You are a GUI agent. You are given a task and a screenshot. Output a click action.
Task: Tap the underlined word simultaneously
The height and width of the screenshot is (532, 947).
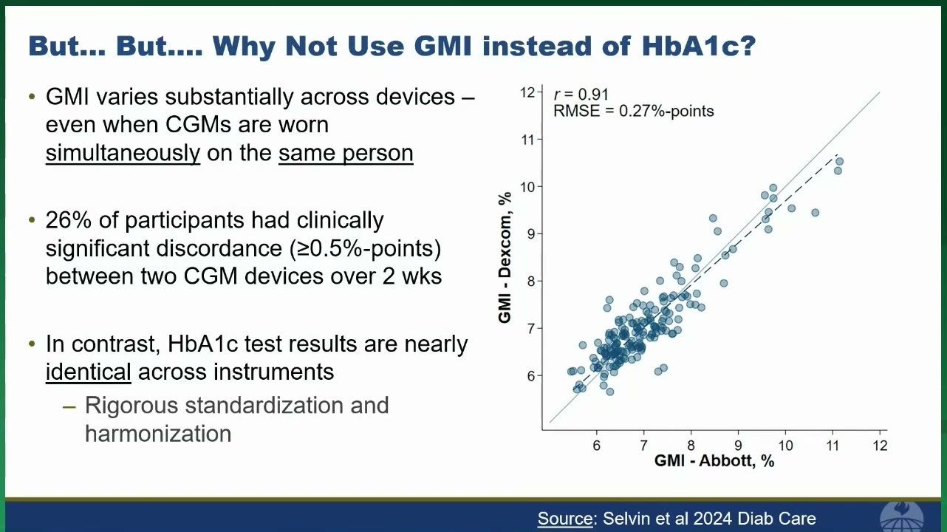click(x=123, y=153)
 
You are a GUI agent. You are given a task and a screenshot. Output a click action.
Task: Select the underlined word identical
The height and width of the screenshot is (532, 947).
click(x=89, y=372)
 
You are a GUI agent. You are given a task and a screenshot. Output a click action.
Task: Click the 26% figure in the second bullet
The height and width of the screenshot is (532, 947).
click(x=68, y=220)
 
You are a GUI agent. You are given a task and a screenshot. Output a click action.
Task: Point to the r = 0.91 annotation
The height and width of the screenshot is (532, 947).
click(x=581, y=95)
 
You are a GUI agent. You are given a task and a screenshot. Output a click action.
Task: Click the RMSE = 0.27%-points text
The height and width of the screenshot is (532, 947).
click(x=633, y=111)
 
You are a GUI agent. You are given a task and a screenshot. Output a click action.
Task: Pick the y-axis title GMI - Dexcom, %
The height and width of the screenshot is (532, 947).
click(x=505, y=258)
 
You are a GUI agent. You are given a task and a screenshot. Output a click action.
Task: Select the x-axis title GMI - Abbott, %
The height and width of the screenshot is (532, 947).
click(x=714, y=460)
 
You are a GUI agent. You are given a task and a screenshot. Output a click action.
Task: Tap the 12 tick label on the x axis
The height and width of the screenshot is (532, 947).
click(x=880, y=446)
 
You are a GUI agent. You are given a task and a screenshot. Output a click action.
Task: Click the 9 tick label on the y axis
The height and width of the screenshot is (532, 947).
click(x=531, y=234)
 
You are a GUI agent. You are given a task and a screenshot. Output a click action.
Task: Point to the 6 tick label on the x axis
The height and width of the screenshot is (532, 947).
click(x=597, y=446)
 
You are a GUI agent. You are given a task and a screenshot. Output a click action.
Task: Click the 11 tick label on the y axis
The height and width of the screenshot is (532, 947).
click(x=528, y=139)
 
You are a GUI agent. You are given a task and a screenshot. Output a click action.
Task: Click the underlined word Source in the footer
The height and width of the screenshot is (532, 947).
click(x=565, y=518)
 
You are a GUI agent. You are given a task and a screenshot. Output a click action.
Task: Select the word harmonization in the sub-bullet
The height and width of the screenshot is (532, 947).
click(x=158, y=434)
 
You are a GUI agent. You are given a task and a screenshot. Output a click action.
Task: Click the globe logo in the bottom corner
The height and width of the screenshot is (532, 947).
click(x=901, y=517)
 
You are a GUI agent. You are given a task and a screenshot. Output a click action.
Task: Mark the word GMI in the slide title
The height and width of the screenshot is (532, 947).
click(x=442, y=46)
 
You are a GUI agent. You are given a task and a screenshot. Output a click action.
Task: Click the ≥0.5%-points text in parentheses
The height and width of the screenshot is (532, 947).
click(x=365, y=248)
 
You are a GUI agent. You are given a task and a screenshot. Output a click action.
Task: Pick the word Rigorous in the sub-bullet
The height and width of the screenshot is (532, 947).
click(x=131, y=406)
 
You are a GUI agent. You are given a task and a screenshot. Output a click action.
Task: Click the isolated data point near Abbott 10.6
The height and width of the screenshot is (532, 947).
click(x=815, y=213)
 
